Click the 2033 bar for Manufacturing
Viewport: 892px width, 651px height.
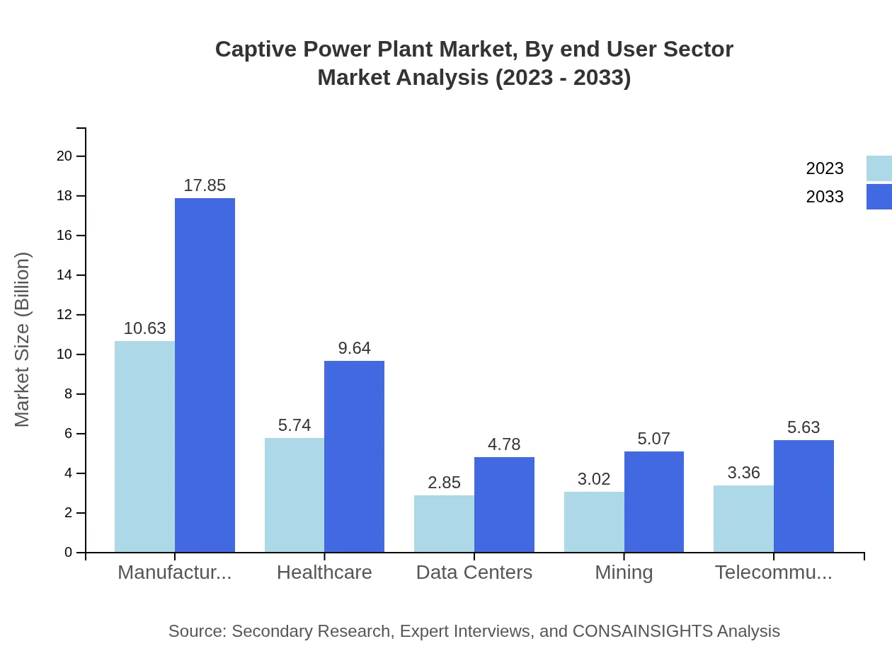tap(205, 375)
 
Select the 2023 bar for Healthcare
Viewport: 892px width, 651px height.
tap(295, 495)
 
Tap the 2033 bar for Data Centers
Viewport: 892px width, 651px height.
tap(504, 505)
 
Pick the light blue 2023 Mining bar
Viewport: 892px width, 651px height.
tap(594, 522)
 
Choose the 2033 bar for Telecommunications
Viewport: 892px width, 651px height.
tap(804, 496)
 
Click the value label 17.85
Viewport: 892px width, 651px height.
tap(205, 185)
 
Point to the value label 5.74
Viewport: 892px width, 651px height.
tap(295, 425)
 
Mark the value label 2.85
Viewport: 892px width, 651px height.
tap(444, 483)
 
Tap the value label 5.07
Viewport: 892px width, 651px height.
tap(653, 439)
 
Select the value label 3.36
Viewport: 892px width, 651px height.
tap(743, 473)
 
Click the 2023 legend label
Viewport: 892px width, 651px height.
tap(825, 168)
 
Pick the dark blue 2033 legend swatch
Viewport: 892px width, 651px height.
tap(879, 197)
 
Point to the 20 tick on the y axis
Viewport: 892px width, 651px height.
tap(64, 156)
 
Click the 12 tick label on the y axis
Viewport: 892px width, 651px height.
tap(64, 315)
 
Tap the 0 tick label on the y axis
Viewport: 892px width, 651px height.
tap(69, 553)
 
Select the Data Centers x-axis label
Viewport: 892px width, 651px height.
tap(474, 572)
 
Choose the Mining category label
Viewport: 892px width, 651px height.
tap(624, 572)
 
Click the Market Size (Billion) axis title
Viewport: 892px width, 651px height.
tap(23, 340)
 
